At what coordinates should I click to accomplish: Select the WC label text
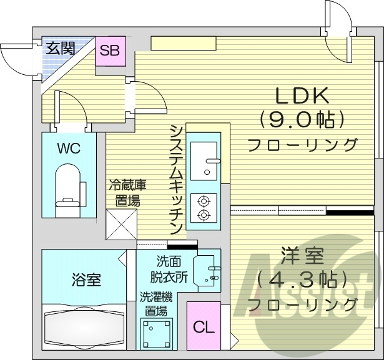pos(69,148)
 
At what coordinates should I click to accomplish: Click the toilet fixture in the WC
pos(69,186)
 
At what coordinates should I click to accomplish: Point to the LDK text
pos(302,95)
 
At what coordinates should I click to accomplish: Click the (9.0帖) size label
pos(302,119)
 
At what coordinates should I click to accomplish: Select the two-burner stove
pos(204,208)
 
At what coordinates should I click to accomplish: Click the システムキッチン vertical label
pos(176,178)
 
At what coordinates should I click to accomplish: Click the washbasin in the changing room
pos(207,270)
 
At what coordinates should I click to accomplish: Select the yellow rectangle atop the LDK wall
pos(182,44)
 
